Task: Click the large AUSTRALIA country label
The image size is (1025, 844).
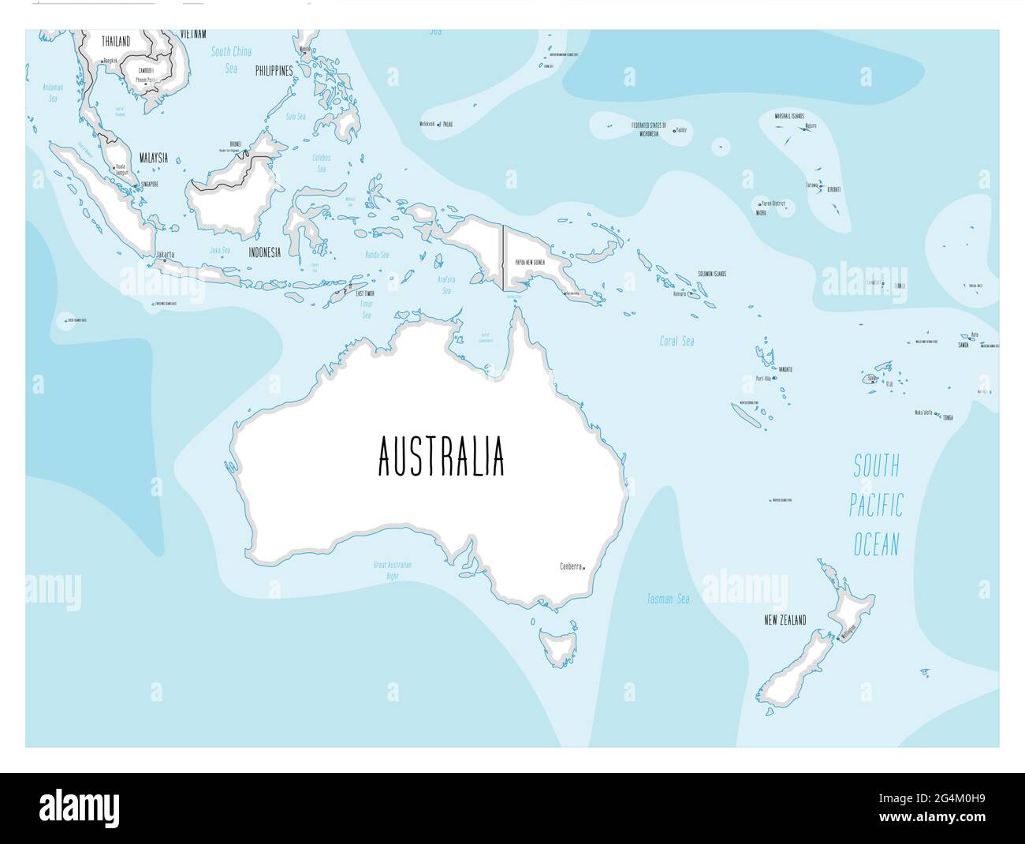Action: point(442,457)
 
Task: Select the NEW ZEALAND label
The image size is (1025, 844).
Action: point(785,621)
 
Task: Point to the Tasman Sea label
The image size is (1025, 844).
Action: point(668,599)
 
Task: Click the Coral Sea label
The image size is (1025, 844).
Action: point(676,342)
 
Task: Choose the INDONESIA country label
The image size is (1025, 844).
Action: point(265,253)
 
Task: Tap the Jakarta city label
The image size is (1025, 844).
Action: point(166,254)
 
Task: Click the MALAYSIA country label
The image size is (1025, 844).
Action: point(153,158)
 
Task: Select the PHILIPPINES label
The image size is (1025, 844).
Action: point(274,71)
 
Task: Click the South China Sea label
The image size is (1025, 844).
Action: point(231,60)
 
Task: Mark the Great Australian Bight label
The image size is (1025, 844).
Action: point(393,570)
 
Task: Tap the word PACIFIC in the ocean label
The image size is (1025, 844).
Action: point(875,506)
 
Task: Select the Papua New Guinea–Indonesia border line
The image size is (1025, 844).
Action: point(503,256)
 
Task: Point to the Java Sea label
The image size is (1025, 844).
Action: point(220,250)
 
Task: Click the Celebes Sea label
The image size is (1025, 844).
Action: point(321,163)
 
